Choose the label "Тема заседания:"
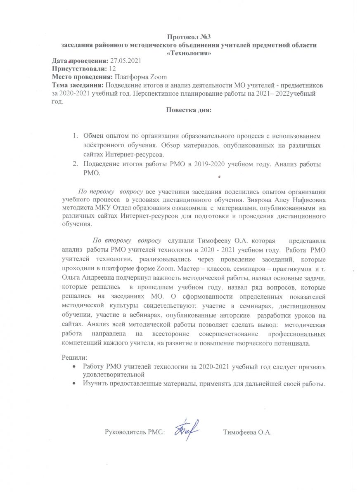78,85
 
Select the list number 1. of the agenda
76,136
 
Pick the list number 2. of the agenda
76,164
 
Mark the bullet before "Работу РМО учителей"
73,367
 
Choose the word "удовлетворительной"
113,375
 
